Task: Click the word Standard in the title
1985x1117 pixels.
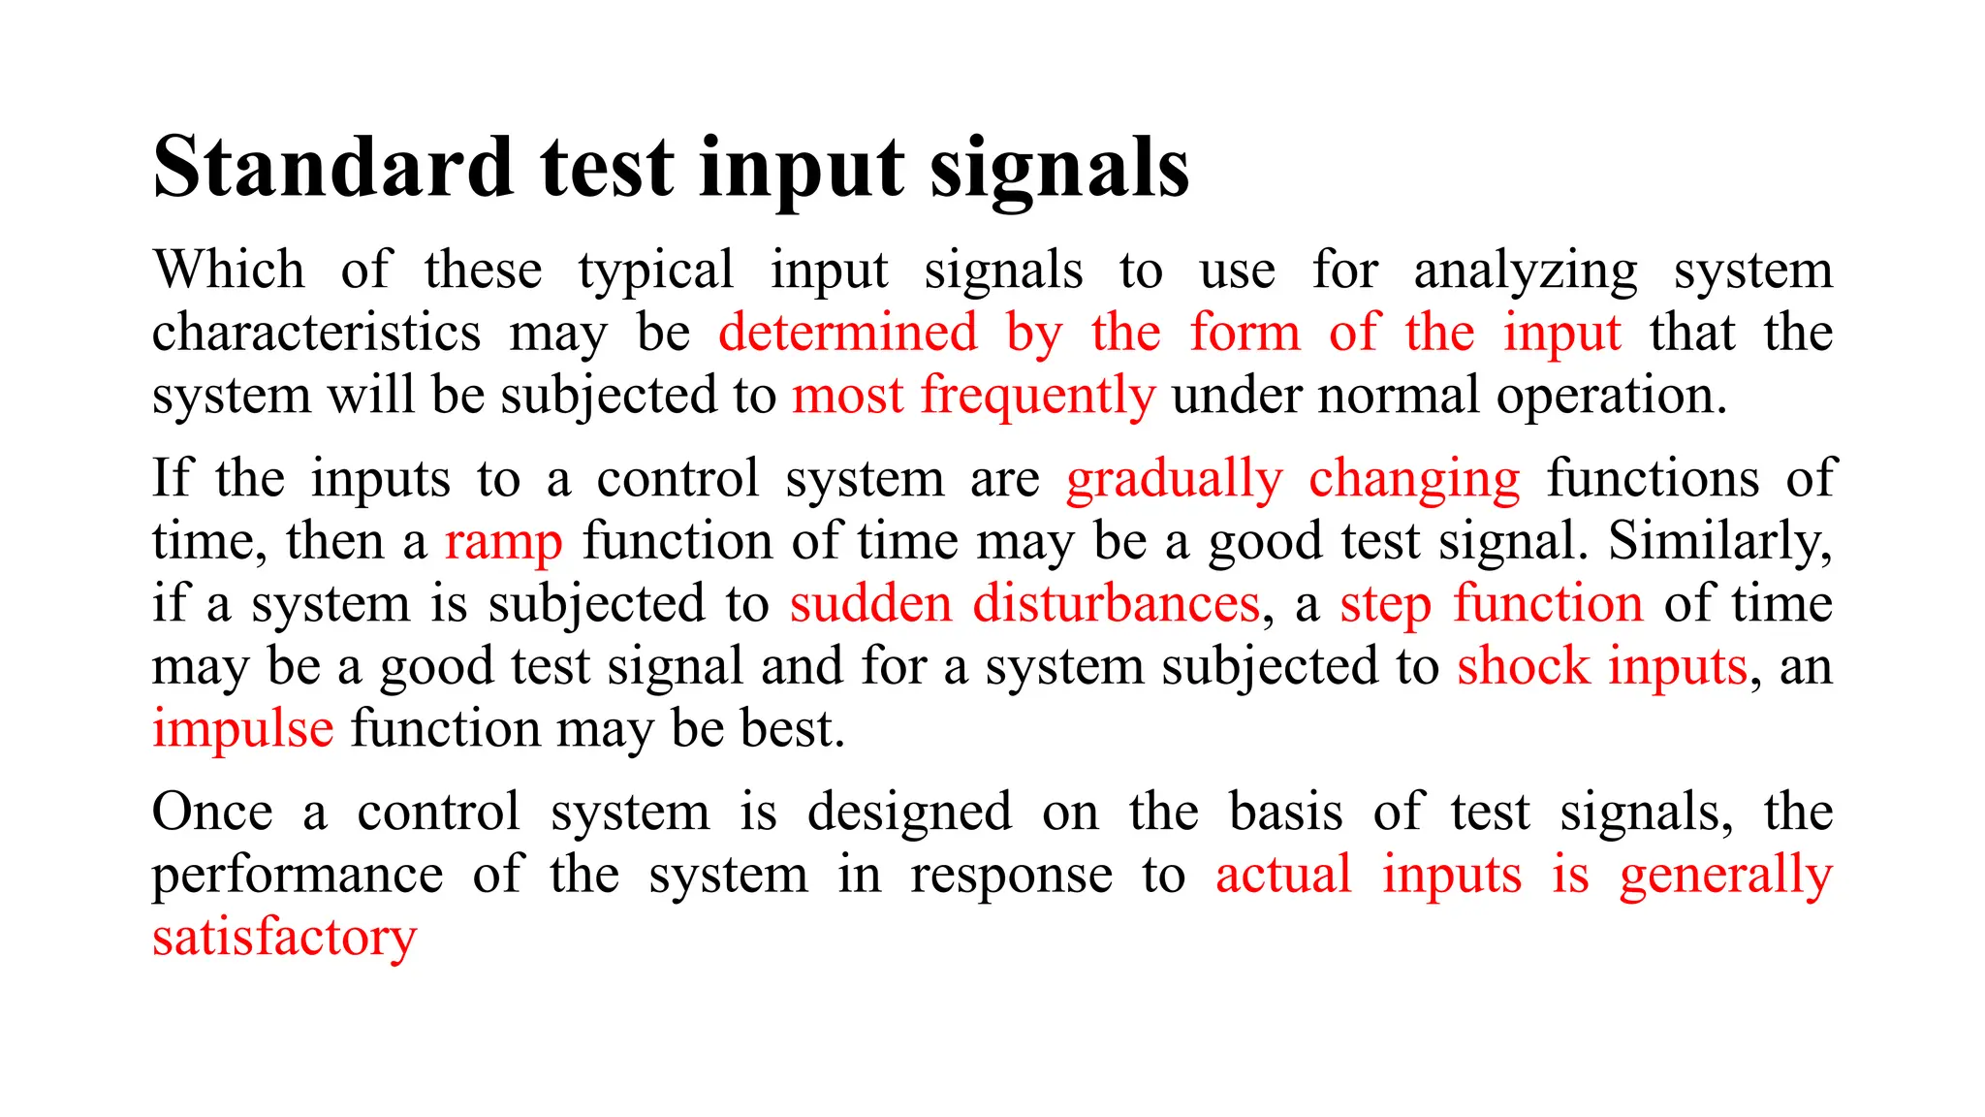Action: [x=332, y=167]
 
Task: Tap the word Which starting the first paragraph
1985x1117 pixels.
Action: [x=228, y=270]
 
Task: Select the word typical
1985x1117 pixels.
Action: [x=655, y=271]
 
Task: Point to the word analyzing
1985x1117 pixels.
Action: [x=1526, y=271]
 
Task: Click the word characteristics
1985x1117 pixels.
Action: [x=316, y=333]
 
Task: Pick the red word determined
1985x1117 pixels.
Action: [x=848, y=333]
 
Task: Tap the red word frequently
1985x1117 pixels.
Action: [x=1037, y=397]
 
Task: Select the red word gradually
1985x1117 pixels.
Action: [x=1174, y=480]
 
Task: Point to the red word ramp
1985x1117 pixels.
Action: [x=503, y=543]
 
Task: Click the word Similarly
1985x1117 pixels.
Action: [x=1719, y=541]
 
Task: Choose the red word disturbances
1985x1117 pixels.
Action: [x=1116, y=604]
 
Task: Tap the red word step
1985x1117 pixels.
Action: [x=1385, y=606]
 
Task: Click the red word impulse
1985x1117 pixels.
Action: [x=243, y=730]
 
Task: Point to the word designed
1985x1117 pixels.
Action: [x=909, y=814]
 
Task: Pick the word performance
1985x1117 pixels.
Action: [x=298, y=877]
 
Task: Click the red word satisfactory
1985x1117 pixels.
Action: [x=284, y=939]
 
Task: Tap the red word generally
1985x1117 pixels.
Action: [x=1725, y=877]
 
